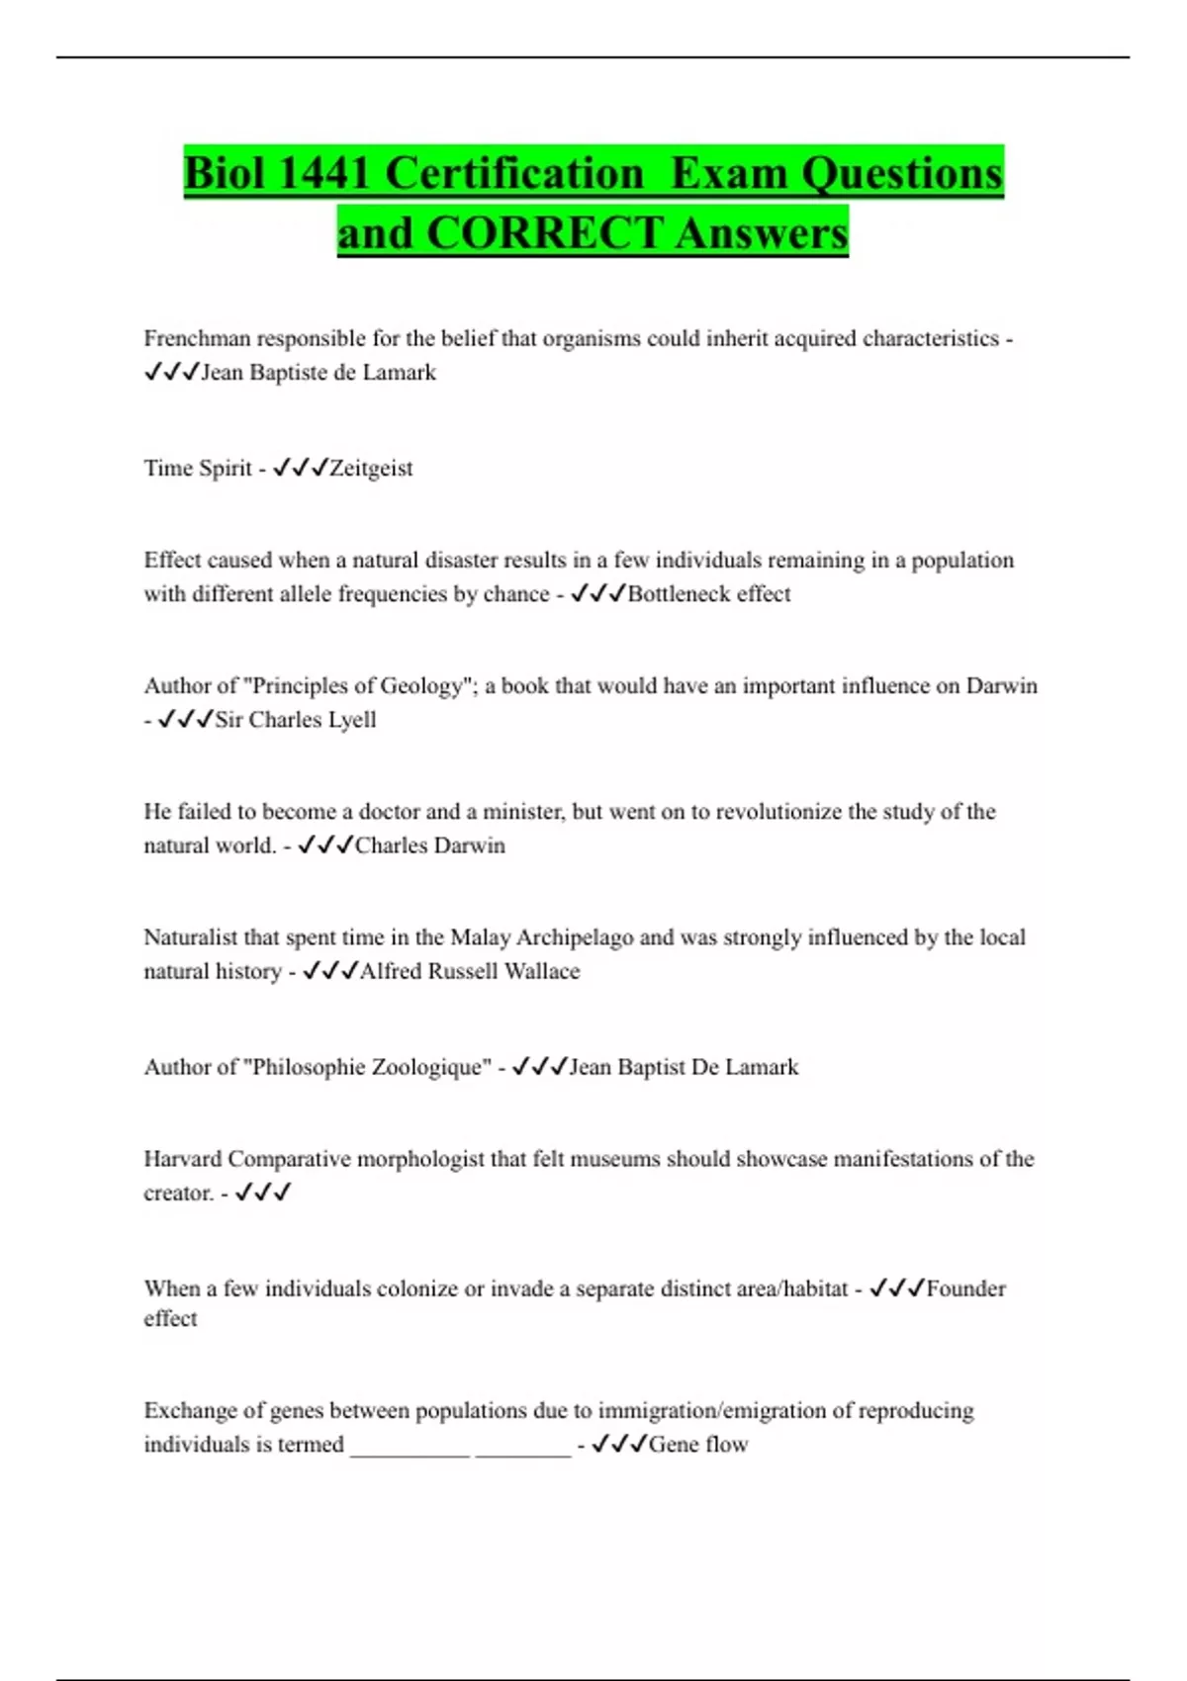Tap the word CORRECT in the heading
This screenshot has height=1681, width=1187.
pyautogui.click(x=544, y=233)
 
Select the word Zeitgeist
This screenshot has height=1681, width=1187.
pyautogui.click(x=371, y=468)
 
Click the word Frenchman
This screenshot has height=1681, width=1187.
pyautogui.click(x=197, y=338)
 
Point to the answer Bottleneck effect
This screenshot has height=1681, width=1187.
pyautogui.click(x=709, y=593)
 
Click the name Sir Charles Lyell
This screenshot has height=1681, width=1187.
pyautogui.click(x=296, y=719)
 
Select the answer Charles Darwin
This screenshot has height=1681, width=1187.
pyautogui.click(x=430, y=845)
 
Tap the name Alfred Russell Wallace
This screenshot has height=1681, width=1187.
pyautogui.click(x=470, y=971)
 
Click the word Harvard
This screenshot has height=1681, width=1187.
pyautogui.click(x=182, y=1159)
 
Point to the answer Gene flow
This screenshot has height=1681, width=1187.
pyautogui.click(x=698, y=1444)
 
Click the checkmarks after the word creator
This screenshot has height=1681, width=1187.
pyautogui.click(x=263, y=1193)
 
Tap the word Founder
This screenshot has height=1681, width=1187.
pyautogui.click(x=965, y=1288)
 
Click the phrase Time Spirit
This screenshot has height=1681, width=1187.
pyautogui.click(x=198, y=468)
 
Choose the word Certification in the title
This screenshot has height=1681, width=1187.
pyautogui.click(x=513, y=173)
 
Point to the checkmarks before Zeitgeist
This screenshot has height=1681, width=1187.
pyautogui.click(x=300, y=468)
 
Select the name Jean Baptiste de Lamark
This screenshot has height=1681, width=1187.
pyautogui.click(x=319, y=373)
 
